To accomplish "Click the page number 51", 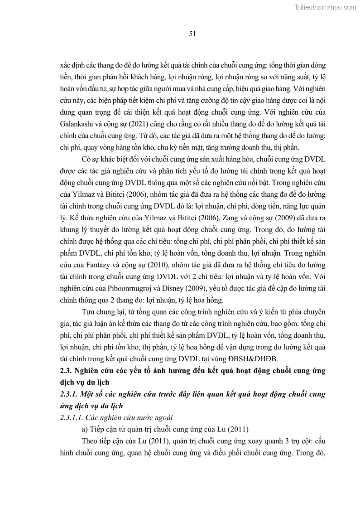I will pyautogui.click(x=192, y=34).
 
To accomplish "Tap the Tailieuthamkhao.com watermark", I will pyautogui.click(x=325, y=7).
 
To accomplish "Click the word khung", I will pyautogui.click(x=70, y=228).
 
